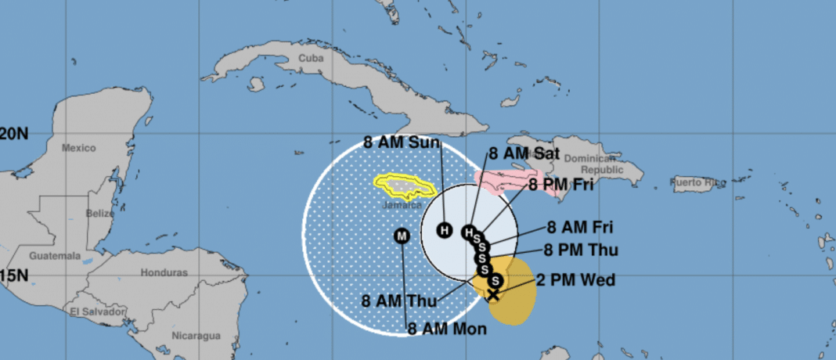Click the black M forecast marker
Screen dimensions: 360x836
(402, 235)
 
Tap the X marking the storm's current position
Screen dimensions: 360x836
(493, 294)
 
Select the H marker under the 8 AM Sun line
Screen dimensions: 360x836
(445, 230)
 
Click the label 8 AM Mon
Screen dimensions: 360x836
(447, 329)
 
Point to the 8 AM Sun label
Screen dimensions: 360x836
(402, 142)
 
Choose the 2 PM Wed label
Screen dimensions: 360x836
(575, 280)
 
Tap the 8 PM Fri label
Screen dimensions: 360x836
(560, 185)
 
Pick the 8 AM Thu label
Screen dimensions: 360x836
(400, 300)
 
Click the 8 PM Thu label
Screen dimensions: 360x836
(581, 250)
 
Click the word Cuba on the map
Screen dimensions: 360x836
(311, 59)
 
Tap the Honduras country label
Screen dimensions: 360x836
(164, 272)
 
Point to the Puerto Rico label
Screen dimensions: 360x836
(698, 183)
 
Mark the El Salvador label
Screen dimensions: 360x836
(97, 311)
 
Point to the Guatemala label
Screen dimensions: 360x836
(55, 256)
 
